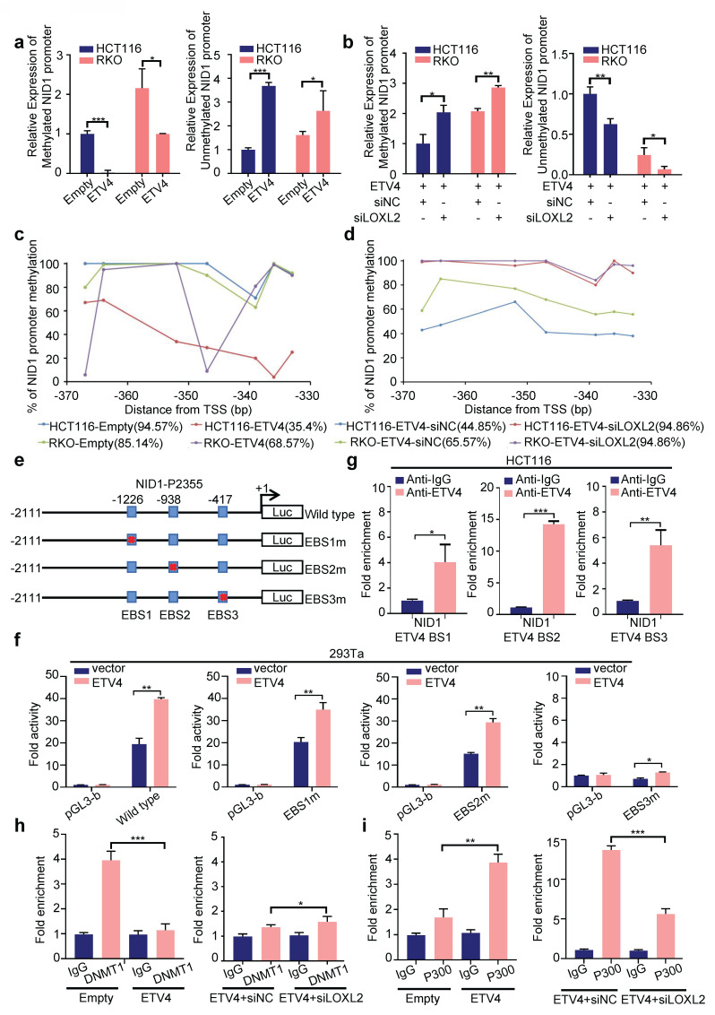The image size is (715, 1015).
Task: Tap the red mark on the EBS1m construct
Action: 132,540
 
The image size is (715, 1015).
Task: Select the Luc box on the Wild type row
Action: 282,513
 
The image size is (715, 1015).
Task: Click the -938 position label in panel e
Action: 169,499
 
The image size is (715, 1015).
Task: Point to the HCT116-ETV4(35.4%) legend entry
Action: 259,427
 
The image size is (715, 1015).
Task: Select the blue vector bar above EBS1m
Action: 301,764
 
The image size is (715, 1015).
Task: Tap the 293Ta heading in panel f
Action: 349,653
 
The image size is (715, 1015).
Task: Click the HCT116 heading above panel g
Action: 530,460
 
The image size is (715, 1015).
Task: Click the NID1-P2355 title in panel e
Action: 169,483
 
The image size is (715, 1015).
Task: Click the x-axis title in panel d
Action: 528,409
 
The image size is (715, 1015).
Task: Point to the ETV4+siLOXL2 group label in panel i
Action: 668,1000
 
